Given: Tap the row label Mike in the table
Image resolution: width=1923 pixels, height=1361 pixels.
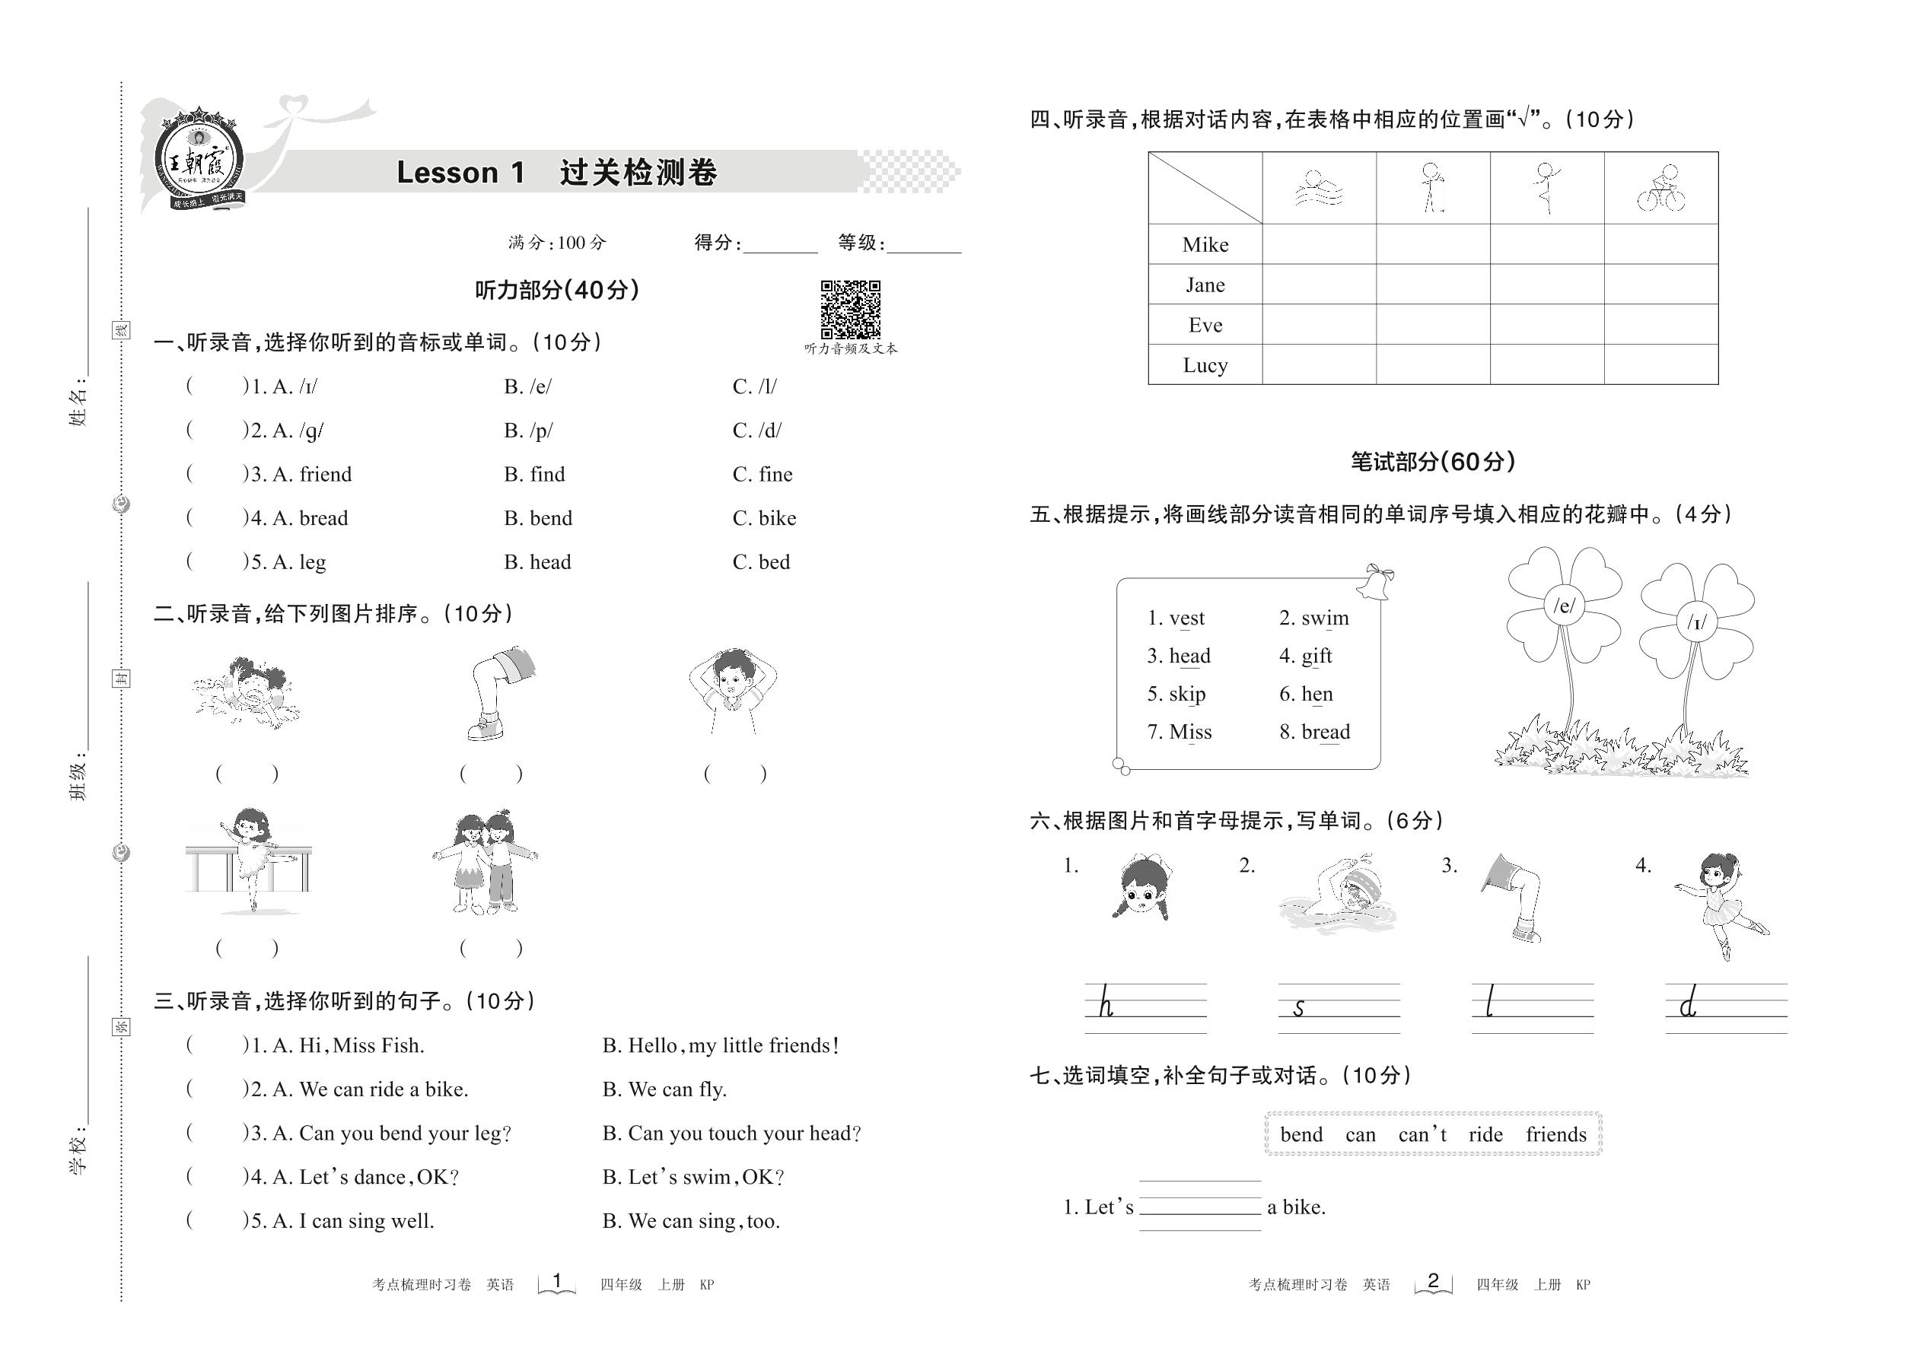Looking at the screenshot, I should pos(1205,245).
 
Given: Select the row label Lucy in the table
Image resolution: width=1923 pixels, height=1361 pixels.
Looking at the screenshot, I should pos(1205,365).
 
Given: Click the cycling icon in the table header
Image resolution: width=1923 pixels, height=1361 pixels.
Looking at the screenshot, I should pos(1660,189).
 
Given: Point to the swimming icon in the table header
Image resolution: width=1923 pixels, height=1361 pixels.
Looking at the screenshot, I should pos(1319,189).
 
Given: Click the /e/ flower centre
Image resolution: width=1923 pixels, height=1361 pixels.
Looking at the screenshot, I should pos(1565,605).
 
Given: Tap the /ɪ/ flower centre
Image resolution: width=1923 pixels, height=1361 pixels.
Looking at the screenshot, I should pos(1697,622).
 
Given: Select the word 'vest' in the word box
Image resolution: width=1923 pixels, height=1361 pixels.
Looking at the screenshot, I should pos(1186,618).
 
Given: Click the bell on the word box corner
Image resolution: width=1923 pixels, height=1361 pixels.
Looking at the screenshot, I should pos(1376,582).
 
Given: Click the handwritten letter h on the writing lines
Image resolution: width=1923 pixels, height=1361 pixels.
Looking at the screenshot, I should pos(1106,1004).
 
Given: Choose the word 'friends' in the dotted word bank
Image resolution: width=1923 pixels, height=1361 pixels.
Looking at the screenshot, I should pos(1556,1135).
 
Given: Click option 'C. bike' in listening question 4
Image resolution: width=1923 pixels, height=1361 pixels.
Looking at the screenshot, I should pos(764,519).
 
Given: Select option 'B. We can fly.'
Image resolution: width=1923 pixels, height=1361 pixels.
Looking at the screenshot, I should pos(664,1089).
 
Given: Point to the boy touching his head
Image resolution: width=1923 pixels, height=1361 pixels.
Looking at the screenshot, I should pos(733,691).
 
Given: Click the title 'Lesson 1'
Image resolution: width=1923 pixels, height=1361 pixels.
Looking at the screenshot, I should pos(460,173).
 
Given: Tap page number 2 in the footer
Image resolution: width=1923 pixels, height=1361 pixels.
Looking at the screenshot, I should pos(1433,1280).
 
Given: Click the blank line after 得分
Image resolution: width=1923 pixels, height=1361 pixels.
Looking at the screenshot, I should pos(779,246).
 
